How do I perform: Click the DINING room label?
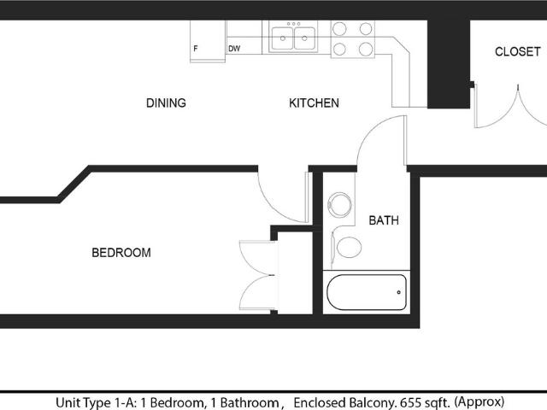point(166,103)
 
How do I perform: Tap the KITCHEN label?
point(314,103)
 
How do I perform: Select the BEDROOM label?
point(121,253)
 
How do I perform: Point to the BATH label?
point(384,220)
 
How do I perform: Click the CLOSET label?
point(518,52)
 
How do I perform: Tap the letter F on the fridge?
point(196,49)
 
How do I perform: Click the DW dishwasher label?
point(234,49)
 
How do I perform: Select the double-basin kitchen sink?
point(292,38)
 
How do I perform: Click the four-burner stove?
point(353,38)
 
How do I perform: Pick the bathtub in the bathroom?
point(366,293)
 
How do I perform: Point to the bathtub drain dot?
point(399,293)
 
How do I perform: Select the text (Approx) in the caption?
point(480,401)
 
